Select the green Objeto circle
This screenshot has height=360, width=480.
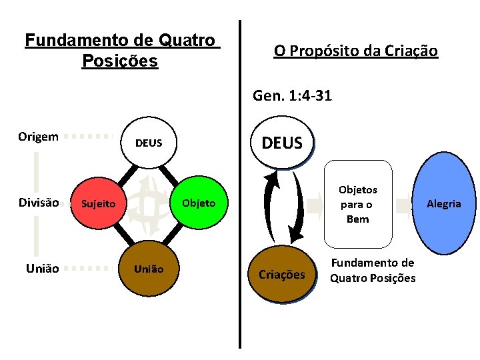[198, 203]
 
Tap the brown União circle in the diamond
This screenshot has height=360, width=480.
[148, 269]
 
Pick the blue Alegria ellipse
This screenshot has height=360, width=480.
[443, 203]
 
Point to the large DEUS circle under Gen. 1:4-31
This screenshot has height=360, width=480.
[282, 143]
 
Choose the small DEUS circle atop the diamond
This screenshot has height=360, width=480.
[148, 143]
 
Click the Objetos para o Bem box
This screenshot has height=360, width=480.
[357, 204]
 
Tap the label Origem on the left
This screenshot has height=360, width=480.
[38, 137]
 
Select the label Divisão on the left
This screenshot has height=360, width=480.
[39, 203]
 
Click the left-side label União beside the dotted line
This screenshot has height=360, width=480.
[42, 269]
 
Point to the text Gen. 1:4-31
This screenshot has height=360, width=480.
[292, 96]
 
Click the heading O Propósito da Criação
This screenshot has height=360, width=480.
[355, 51]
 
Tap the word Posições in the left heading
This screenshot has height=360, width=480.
[119, 61]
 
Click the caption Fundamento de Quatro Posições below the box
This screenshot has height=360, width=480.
[373, 270]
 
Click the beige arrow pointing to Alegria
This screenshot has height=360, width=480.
[403, 205]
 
